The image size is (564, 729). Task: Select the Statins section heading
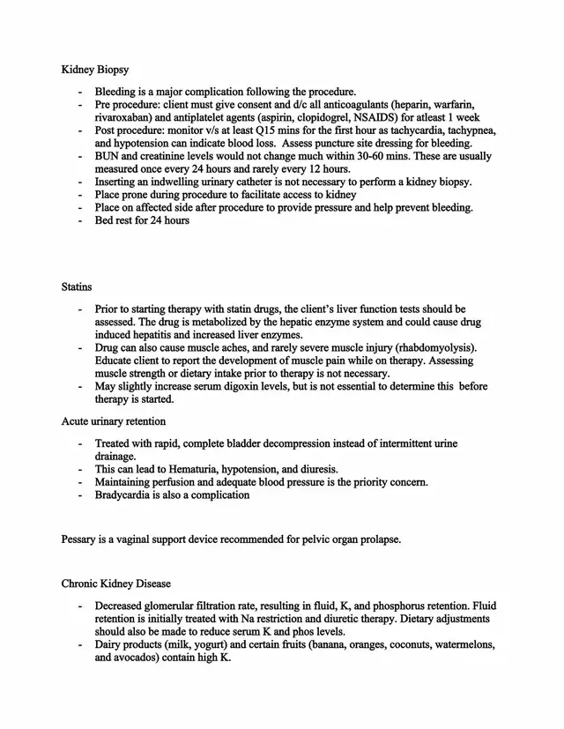tap(77, 286)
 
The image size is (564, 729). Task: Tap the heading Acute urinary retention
tap(113, 420)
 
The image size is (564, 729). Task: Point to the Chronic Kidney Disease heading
tap(116, 584)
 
